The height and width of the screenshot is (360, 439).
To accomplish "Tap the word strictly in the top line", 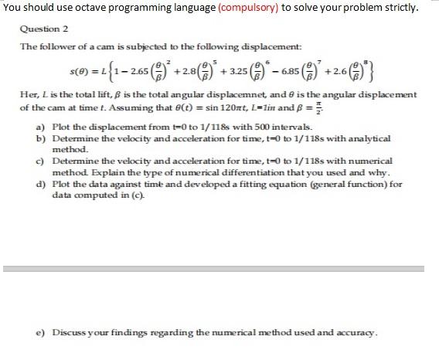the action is [401, 8].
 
